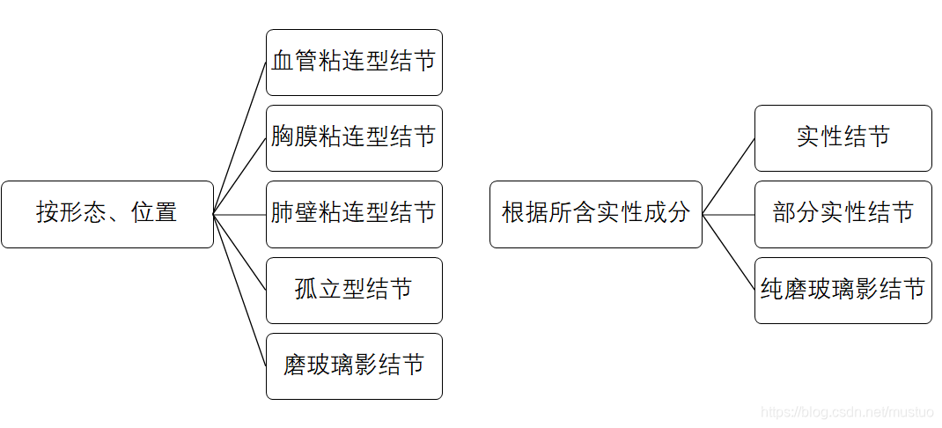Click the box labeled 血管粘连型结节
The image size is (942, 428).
354,63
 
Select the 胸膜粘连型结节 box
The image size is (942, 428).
354,138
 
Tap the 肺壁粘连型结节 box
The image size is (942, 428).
354,214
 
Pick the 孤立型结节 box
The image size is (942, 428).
354,290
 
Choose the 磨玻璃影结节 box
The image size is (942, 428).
354,365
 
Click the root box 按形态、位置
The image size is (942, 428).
107,214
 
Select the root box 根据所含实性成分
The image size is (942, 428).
596,214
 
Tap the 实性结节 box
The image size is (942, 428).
843,138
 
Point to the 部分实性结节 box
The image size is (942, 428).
843,214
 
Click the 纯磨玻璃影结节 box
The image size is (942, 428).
843,290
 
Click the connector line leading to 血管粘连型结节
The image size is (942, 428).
239,138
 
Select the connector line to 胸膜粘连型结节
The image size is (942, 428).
239,176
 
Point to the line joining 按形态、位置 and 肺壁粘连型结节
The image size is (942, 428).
239,214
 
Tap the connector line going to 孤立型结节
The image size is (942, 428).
239,252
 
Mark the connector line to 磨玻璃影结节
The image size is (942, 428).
239,290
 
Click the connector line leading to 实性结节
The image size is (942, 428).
728,176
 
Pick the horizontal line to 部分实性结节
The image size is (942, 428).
728,214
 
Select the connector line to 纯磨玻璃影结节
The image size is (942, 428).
728,252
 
